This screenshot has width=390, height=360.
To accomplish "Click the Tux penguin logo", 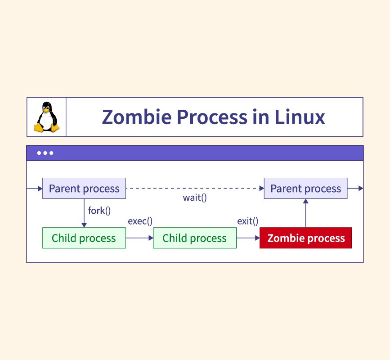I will click(46, 117).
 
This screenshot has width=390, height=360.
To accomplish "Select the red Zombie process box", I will click(306, 238).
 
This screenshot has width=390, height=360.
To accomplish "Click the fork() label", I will click(99, 210).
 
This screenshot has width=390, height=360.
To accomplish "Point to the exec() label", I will click(140, 221).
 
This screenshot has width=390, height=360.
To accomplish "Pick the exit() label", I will click(248, 221).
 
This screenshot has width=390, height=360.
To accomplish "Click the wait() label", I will click(195, 197).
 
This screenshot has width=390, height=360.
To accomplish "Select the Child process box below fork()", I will click(84, 238).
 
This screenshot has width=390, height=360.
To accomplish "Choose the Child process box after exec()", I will click(194, 238).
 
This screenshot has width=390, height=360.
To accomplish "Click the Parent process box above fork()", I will click(84, 188).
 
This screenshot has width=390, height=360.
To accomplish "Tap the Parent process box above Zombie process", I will click(305, 188).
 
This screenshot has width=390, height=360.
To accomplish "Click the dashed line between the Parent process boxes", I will click(194, 188).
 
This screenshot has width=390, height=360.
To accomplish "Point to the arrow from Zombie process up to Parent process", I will click(306, 214).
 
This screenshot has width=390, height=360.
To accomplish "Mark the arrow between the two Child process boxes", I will click(139, 238).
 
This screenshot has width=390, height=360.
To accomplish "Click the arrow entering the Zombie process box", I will click(248, 238).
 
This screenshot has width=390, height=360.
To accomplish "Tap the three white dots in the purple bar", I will click(45, 153).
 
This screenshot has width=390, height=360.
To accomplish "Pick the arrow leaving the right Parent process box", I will click(355, 188).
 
